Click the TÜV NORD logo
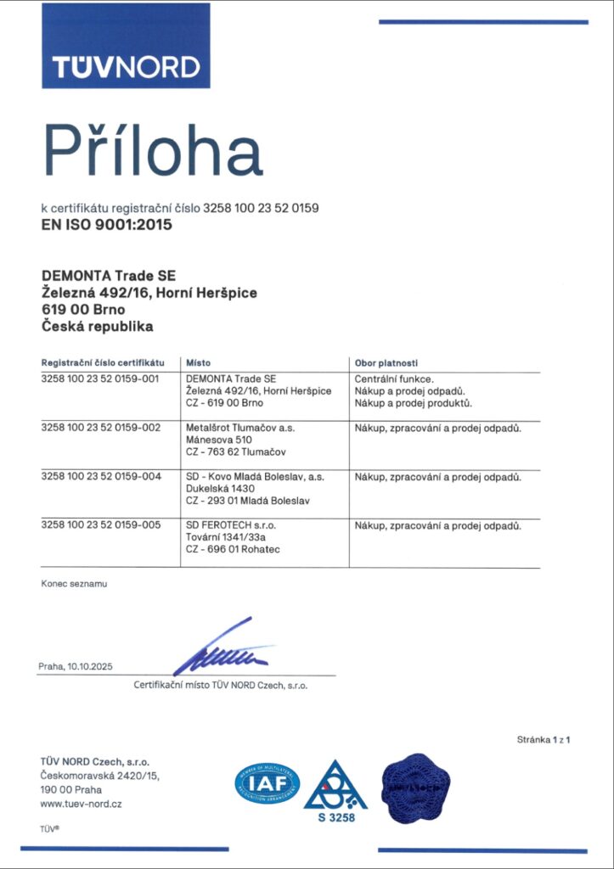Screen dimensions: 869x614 click(126, 46)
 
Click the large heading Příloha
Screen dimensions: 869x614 click(153, 151)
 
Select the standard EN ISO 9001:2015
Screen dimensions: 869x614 click(106, 225)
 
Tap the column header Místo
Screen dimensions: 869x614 click(198, 362)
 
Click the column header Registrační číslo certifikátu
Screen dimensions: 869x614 click(102, 362)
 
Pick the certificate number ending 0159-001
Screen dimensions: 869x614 click(100, 378)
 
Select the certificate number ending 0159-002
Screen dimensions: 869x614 click(100, 428)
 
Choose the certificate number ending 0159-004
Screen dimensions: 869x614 click(100, 477)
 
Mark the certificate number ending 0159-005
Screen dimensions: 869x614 click(100, 526)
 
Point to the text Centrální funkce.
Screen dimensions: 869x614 click(394, 378)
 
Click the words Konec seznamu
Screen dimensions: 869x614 click(74, 584)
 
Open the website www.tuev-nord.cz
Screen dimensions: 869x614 click(81, 804)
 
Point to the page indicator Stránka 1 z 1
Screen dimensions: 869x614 click(543, 740)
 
